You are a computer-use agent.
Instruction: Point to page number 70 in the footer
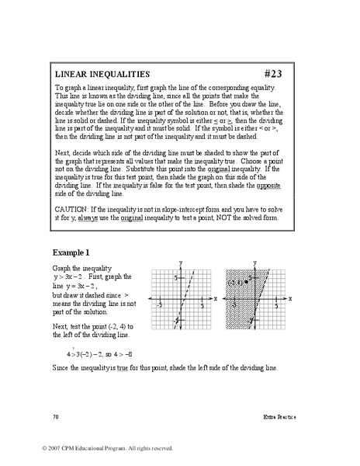pyautogui.click(x=56, y=417)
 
